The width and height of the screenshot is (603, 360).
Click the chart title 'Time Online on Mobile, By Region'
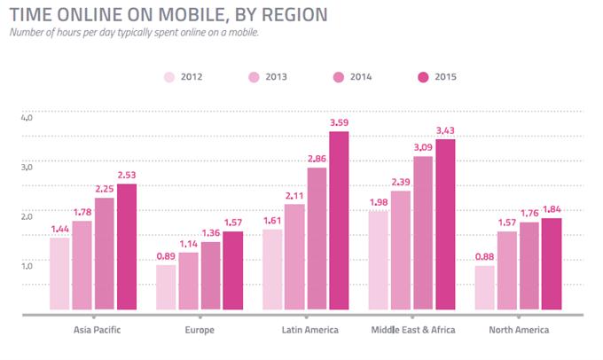(168, 14)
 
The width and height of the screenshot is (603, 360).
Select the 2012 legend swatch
(170, 75)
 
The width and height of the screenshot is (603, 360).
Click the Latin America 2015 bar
(339, 222)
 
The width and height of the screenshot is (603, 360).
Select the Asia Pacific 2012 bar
(59, 274)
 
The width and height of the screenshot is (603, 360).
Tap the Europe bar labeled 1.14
(188, 281)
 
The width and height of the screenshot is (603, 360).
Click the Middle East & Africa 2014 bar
(423, 234)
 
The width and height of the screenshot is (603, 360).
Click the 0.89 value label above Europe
(166, 257)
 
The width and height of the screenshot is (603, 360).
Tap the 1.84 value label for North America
(552, 210)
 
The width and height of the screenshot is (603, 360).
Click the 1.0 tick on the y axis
(26, 266)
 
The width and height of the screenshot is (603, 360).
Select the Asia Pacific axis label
(95, 330)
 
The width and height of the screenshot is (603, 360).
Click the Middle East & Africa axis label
(412, 330)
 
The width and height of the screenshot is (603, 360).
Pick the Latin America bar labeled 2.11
(294, 258)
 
